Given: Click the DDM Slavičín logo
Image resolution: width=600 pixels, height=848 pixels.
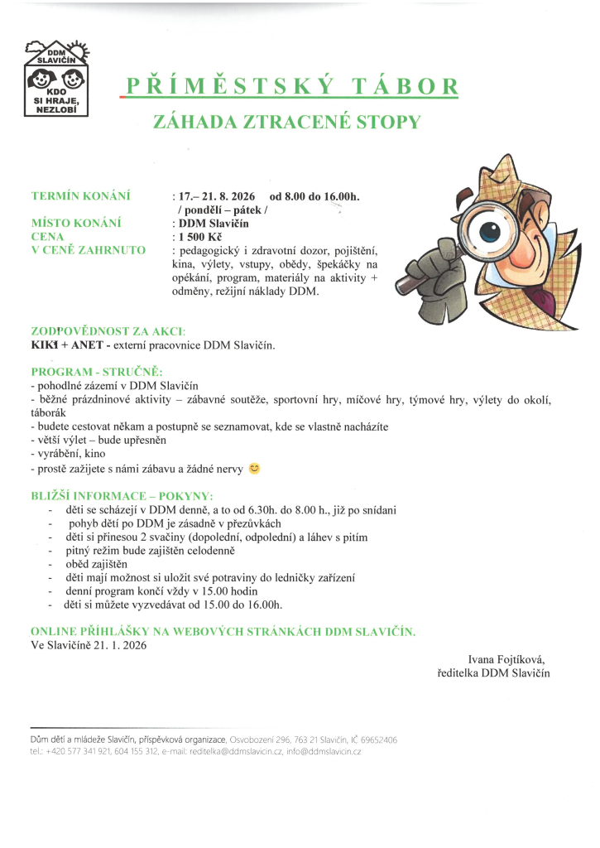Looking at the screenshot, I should (57, 79).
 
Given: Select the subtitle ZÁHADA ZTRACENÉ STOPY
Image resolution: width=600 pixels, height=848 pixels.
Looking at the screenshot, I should (287, 123).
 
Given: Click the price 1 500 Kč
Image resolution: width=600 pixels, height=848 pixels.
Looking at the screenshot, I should (199, 236).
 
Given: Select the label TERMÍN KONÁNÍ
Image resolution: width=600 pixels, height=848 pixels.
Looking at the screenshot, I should (81, 196).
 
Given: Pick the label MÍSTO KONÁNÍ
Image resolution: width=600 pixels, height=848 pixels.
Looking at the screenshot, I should (76, 223).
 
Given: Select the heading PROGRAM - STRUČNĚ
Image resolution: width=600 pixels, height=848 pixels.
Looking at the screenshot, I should (97, 371).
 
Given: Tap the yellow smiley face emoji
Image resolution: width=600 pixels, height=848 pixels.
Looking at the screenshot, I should (254, 469).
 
